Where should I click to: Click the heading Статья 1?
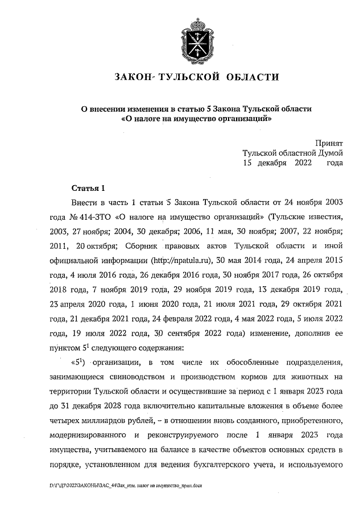[x=89, y=188]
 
